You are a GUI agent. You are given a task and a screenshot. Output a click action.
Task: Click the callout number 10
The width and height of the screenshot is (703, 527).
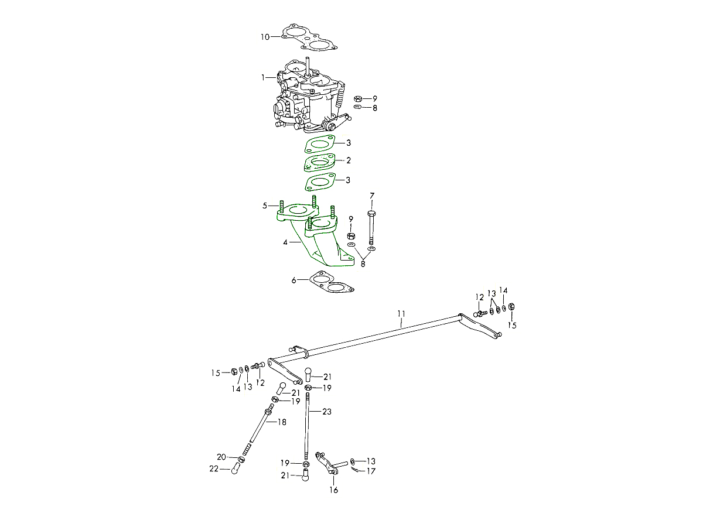265,37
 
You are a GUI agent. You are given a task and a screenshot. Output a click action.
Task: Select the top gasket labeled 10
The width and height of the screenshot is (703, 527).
309,37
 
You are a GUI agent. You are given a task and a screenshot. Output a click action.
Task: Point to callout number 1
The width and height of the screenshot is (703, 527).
263,77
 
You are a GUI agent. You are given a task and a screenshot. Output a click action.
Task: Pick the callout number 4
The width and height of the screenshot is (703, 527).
285,242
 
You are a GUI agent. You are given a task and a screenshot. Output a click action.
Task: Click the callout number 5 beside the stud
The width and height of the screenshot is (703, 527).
265,206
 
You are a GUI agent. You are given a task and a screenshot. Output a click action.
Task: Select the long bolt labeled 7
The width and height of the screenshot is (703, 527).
371,228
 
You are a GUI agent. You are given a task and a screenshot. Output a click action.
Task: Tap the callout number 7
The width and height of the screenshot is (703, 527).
372,196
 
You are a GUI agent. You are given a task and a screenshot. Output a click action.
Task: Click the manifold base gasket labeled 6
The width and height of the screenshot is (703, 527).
332,282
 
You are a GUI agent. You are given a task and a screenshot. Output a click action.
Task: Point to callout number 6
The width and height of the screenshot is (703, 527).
294,280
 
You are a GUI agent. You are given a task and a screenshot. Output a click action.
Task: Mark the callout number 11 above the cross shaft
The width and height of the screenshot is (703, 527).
401,314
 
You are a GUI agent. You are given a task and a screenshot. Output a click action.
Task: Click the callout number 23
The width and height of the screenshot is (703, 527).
327,412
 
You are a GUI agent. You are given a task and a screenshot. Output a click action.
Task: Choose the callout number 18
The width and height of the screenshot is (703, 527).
282,422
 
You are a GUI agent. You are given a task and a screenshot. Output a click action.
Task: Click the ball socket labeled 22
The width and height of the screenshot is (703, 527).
235,469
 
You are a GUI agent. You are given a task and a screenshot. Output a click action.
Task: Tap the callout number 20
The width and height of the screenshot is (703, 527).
221,457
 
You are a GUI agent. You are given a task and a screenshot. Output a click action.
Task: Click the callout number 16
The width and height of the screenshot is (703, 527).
334,490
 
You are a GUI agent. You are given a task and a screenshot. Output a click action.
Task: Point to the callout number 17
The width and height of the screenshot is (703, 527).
371,471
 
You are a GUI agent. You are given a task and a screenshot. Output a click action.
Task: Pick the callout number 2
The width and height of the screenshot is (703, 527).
349,160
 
